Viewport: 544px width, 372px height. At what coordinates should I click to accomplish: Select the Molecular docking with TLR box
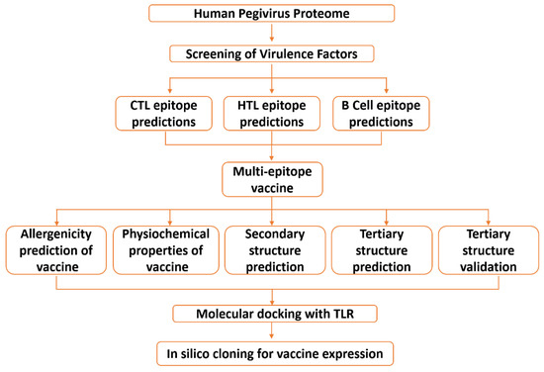coord(270,315)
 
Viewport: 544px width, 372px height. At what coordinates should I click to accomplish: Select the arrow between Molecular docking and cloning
coord(270,332)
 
